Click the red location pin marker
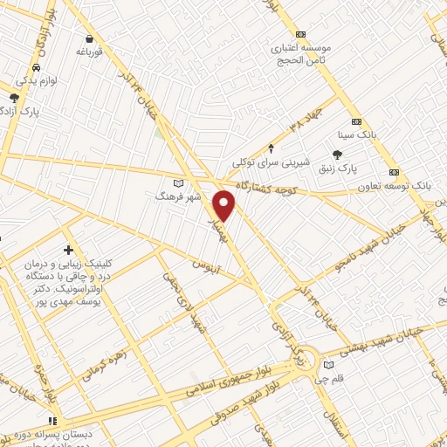coord(224,205)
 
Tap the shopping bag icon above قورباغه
coord(90,39)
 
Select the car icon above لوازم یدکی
coord(35,67)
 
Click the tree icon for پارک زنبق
coord(350,154)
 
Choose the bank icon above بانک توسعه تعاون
coord(394,171)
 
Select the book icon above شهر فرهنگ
coord(178,183)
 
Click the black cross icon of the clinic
coord(69,251)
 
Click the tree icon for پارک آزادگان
coord(14,97)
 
